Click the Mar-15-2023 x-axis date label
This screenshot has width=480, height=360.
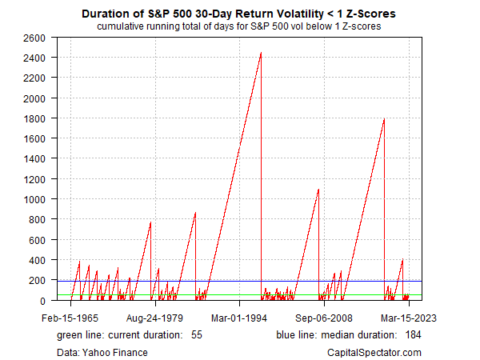pos(409,317)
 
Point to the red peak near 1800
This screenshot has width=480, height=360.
pos(385,119)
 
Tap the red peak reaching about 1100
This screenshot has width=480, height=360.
pos(318,190)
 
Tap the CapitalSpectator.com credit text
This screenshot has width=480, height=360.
pos(374,352)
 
